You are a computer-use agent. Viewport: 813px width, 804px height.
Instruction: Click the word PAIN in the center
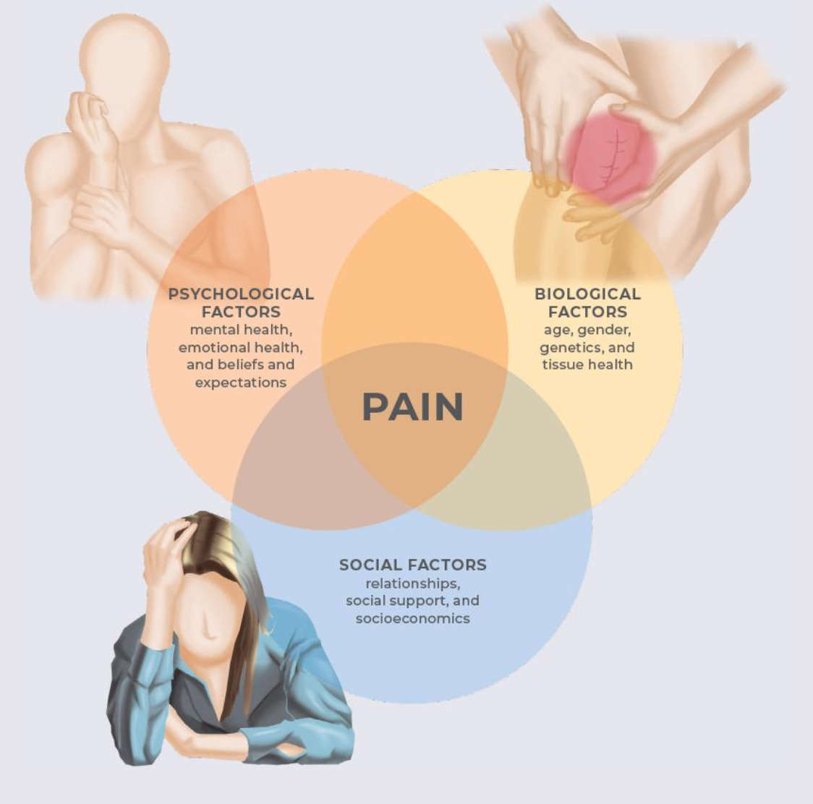pyautogui.click(x=412, y=406)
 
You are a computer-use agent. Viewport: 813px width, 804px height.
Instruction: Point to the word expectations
pyautogui.click(x=241, y=382)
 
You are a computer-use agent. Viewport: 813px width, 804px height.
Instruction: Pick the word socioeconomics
pyautogui.click(x=412, y=618)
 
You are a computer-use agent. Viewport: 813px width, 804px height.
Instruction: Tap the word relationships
pyautogui.click(x=412, y=583)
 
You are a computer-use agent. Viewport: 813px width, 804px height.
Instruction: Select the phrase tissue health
pyautogui.click(x=587, y=364)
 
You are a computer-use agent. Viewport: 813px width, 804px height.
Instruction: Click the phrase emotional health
pyautogui.click(x=241, y=347)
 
